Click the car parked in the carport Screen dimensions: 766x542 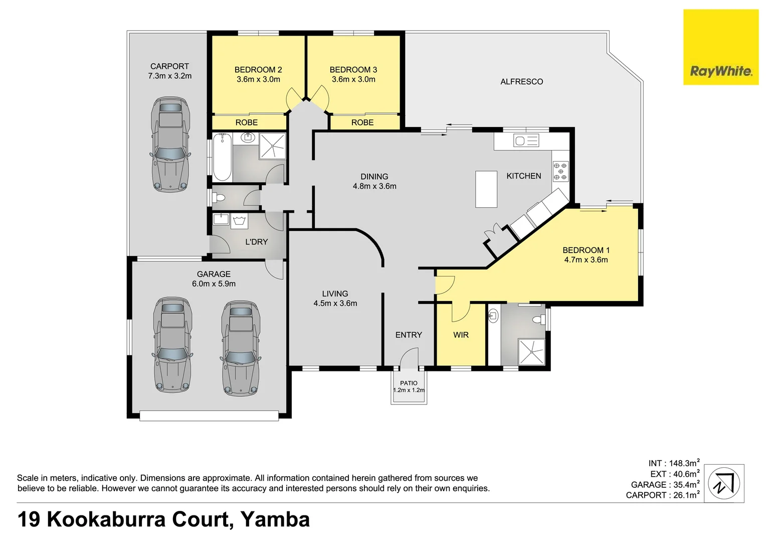click(x=170, y=145)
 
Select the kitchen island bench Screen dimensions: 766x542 click(x=486, y=189)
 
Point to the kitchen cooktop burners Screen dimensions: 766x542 click(x=560, y=171)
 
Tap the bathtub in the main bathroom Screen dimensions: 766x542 click(x=222, y=157)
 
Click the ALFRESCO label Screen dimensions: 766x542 click(x=521, y=82)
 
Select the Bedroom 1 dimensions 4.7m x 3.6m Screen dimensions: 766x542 click(x=586, y=260)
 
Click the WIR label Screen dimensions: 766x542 click(x=461, y=335)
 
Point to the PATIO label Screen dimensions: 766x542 click(x=409, y=383)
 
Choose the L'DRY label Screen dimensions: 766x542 click(x=256, y=242)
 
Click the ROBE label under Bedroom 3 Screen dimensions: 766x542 click(x=362, y=122)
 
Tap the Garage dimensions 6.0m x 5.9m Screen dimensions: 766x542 click(x=214, y=284)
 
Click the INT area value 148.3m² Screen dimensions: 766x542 click(x=683, y=463)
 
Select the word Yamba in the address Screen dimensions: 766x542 click(x=275, y=519)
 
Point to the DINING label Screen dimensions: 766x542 click(x=374, y=177)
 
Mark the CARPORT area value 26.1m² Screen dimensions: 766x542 click(x=683, y=495)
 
